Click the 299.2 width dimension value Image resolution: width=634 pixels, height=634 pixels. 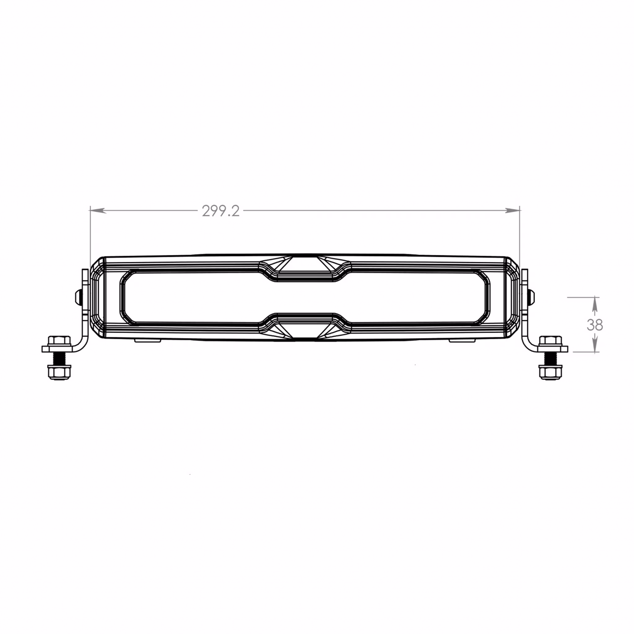220,211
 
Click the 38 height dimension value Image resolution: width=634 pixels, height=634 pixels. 595,325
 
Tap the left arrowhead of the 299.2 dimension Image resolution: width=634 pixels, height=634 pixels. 98,210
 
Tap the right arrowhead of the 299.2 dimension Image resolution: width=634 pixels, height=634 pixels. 512,210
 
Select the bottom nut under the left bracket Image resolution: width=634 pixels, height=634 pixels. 59,372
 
